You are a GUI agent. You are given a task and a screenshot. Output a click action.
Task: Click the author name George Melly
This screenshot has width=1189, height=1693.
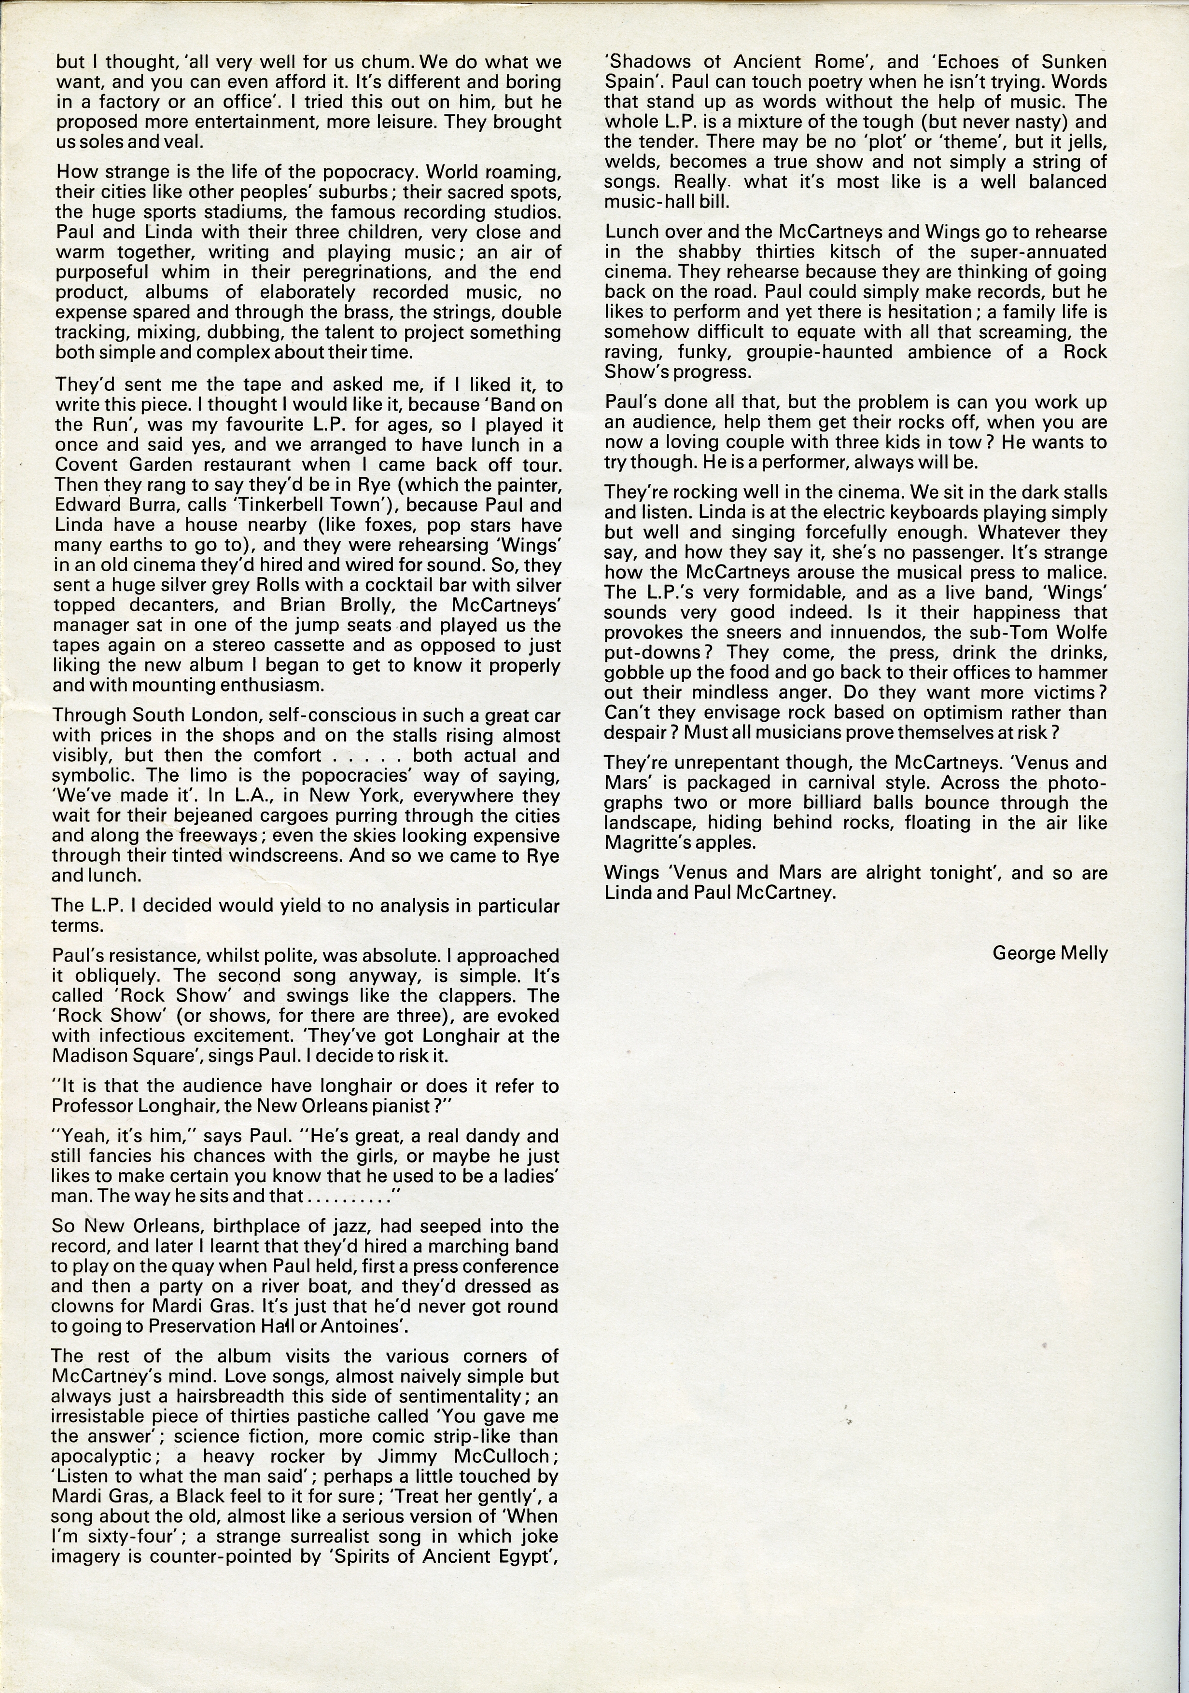pyautogui.click(x=1049, y=953)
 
